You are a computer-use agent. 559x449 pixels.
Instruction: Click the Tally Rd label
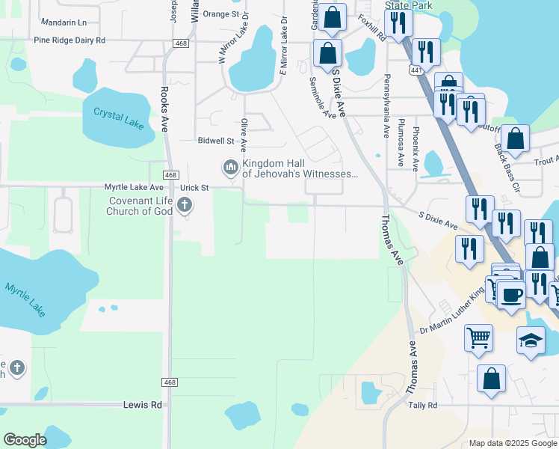tap(422, 405)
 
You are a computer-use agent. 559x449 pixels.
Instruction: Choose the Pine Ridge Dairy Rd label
tap(70, 39)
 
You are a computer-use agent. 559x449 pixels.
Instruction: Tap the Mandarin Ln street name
tap(64, 23)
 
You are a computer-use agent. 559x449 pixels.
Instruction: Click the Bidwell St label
tap(216, 141)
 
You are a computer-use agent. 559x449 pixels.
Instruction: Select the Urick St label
tap(194, 187)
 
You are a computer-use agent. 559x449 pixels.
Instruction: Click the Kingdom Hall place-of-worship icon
tap(230, 166)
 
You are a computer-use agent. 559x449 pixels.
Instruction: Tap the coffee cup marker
tap(513, 294)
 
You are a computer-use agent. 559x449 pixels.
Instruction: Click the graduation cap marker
tap(531, 340)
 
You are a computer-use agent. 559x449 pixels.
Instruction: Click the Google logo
tap(25, 440)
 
